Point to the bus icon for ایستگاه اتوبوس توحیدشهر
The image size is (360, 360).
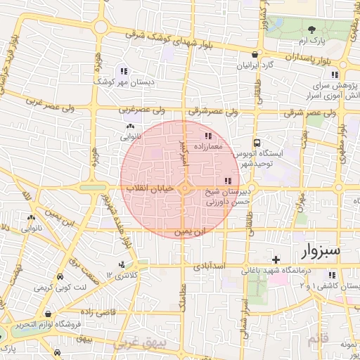pyautogui.click(x=257, y=141)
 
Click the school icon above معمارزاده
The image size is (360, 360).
pyautogui.click(x=207, y=136)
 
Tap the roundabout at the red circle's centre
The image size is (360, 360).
pyautogui.click(x=184, y=188)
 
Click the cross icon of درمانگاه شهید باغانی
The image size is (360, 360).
pyautogui.click(x=276, y=259)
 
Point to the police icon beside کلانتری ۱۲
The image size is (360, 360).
pyautogui.click(x=122, y=265)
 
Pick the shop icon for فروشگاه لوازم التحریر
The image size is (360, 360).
pyautogui.click(x=47, y=314)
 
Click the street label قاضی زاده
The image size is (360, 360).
pyautogui.click(x=89, y=310)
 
